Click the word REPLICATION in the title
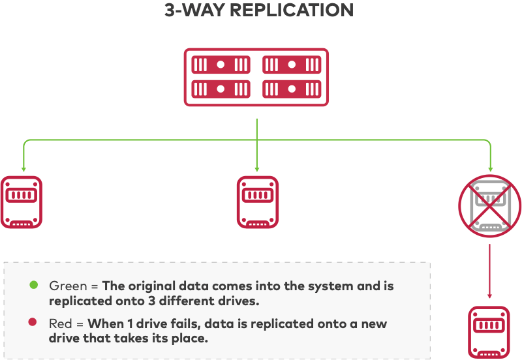tap(292, 10)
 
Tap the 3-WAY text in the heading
tap(194, 10)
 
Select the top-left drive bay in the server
tap(221, 65)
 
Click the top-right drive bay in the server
tap(292, 65)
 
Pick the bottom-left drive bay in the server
tap(221, 89)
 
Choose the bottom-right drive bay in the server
tap(292, 89)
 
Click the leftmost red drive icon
tap(22, 202)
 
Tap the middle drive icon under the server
tap(258, 202)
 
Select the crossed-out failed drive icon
tap(490, 206)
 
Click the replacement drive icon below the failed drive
tap(489, 333)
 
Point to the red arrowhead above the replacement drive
tap(489, 296)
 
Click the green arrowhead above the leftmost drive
tap(23, 169)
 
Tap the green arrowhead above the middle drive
tap(257, 169)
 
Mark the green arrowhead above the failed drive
tap(491, 169)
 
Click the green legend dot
tap(34, 285)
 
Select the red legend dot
tap(32, 322)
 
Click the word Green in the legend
tap(68, 286)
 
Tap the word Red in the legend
tap(60, 323)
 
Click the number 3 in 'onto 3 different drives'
tap(152, 301)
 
